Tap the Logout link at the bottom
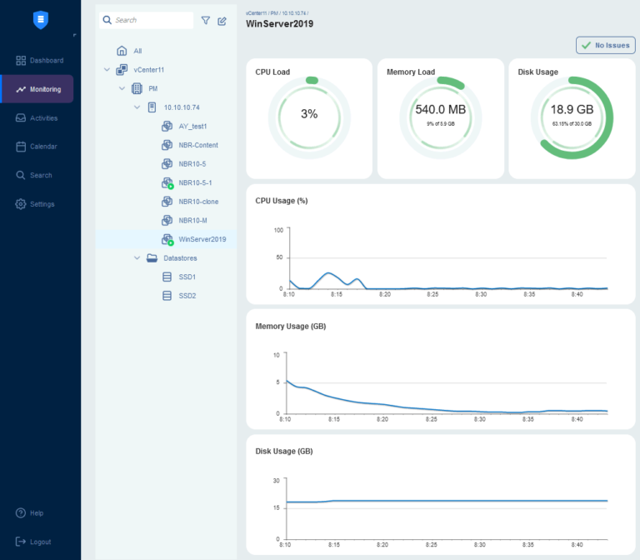pos(39,542)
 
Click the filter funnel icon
pos(206,20)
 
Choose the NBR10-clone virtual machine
pos(198,202)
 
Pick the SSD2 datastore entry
pos(187,296)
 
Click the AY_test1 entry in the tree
pos(192,126)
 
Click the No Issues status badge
pos(605,45)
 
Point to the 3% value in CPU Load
pos(309,114)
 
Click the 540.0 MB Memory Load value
pos(440,109)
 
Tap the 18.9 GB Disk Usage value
pos(572,109)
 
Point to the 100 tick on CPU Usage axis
pos(278,229)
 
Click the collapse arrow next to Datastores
pos(137,258)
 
